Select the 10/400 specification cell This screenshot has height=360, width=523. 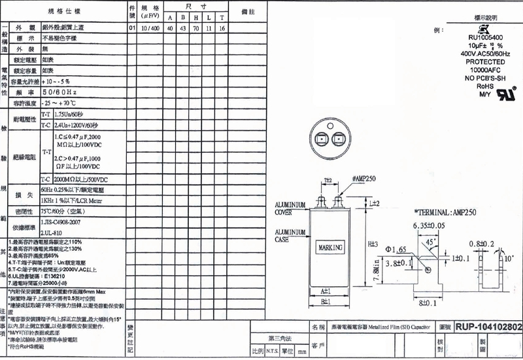pos(150,28)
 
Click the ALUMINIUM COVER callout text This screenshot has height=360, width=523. pos(290,208)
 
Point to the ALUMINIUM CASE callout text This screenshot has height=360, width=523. pos(290,236)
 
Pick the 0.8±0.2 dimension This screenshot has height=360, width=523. pos(484,244)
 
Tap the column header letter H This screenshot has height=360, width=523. pos(195,17)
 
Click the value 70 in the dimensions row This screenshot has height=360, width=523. pos(195,28)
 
